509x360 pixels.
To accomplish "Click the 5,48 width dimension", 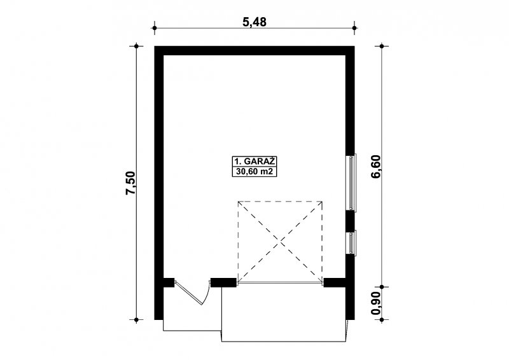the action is point(254,22).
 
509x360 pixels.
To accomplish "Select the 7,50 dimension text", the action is point(130,183).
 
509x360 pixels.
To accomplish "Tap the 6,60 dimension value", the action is point(376,167).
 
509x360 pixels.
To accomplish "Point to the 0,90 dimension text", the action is point(375,303).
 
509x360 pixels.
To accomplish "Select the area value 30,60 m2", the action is point(254,172).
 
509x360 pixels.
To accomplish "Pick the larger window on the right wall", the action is point(352,183).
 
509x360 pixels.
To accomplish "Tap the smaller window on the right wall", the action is point(352,242).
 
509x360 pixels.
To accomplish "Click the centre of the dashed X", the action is point(281,242).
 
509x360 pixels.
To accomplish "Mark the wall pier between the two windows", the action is point(350,221).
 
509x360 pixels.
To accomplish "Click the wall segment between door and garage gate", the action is point(223,282).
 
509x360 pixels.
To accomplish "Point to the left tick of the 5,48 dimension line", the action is point(155,28).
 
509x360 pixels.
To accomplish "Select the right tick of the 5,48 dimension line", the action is point(354,28).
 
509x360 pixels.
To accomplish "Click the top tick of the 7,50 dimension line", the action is point(137,46).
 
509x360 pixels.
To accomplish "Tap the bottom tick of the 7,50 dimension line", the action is point(137,320).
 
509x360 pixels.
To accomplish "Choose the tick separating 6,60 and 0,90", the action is point(382,287).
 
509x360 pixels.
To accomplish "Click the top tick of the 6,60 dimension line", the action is point(382,46).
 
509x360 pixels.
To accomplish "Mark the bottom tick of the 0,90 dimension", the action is point(382,320).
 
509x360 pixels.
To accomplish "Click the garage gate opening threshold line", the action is point(281,284).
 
